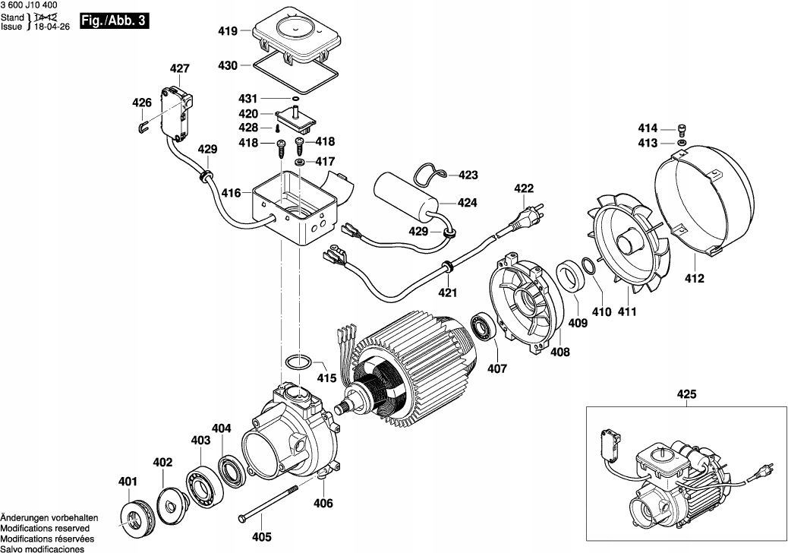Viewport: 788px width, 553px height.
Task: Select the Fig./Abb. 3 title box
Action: (113, 21)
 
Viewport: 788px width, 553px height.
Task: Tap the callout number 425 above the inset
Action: (686, 395)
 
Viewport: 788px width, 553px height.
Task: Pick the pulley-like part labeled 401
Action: (136, 518)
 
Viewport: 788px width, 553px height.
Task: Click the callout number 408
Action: (560, 352)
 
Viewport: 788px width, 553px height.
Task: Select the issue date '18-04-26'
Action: (51, 26)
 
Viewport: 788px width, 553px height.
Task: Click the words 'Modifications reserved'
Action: (45, 527)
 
